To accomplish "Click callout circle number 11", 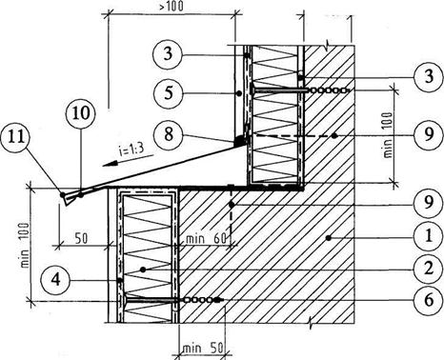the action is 16,138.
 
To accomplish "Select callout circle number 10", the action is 81,113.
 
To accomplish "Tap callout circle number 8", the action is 169,133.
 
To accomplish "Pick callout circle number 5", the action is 169,93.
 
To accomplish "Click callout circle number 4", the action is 56,280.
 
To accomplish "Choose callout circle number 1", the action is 429,236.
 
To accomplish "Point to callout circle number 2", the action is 429,270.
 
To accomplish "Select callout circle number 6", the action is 429,300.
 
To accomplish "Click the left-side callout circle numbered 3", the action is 169,54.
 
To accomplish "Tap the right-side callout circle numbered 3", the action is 429,77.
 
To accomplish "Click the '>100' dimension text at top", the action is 172,6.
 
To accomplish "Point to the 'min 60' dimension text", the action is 206,238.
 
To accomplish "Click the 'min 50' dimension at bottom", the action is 202,349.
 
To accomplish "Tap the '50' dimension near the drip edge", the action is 81,238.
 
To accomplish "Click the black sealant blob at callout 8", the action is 239,140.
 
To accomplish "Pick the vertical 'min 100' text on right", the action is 388,135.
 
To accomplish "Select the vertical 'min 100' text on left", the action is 25,245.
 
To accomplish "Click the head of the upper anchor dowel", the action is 252,90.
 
